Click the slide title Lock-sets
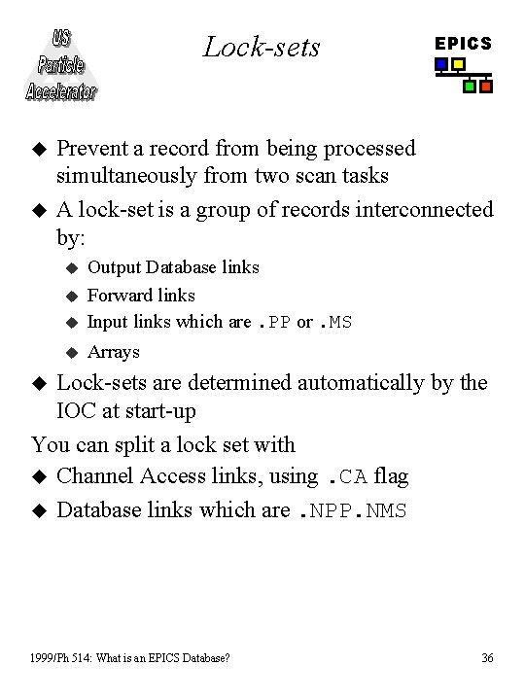[262, 47]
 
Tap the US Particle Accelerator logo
[61, 66]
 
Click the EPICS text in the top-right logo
[463, 44]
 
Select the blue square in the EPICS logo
[441, 65]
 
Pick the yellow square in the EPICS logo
[458, 65]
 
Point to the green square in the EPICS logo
[470, 87]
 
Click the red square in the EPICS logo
[486, 87]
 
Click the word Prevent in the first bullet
[89, 149]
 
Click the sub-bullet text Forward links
[141, 295]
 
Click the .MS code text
[336, 323]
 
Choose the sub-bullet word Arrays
[114, 352]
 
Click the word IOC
[78, 411]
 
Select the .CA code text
[346, 476]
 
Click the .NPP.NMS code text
[351, 510]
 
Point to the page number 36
[487, 658]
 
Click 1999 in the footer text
[46, 658]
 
